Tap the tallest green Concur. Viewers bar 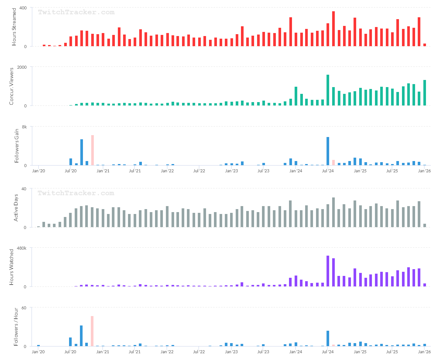click(328, 90)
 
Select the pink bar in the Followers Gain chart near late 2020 click(92, 150)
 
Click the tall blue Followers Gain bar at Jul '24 click(328, 151)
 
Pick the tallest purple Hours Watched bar click(328, 271)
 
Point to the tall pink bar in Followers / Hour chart click(92, 331)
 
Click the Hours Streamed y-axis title click(14, 27)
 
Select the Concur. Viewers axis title click(11, 86)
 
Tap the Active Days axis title click(16, 208)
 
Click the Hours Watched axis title click(11, 267)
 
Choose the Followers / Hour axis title click(16, 327)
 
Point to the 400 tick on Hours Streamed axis click(23, 8)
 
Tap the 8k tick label click(24, 127)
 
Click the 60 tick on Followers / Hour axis click(24, 307)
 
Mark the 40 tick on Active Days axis click(24, 188)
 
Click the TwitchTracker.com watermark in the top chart click(76, 12)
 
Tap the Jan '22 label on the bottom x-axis click(167, 352)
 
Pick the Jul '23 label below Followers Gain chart click(263, 171)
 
